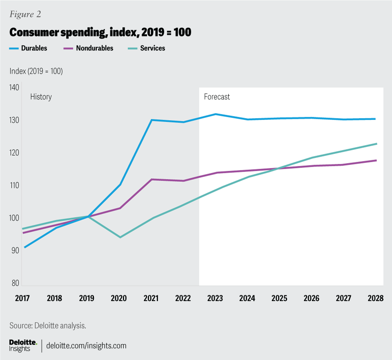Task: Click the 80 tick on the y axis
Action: click(16, 283)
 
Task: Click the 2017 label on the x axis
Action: click(22, 298)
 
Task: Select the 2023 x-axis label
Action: click(215, 298)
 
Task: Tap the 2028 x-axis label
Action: click(375, 298)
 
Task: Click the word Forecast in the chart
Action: click(217, 97)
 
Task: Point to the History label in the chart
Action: click(41, 97)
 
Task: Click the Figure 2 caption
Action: click(25, 15)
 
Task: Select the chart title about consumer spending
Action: click(100, 32)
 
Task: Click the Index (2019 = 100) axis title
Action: click(36, 71)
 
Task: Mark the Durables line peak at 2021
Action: click(151, 120)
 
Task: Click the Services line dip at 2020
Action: click(120, 237)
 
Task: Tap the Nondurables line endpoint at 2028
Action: click(376, 160)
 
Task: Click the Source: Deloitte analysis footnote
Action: click(47, 326)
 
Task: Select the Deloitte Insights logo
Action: click(23, 345)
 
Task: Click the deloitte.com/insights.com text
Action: click(87, 346)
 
